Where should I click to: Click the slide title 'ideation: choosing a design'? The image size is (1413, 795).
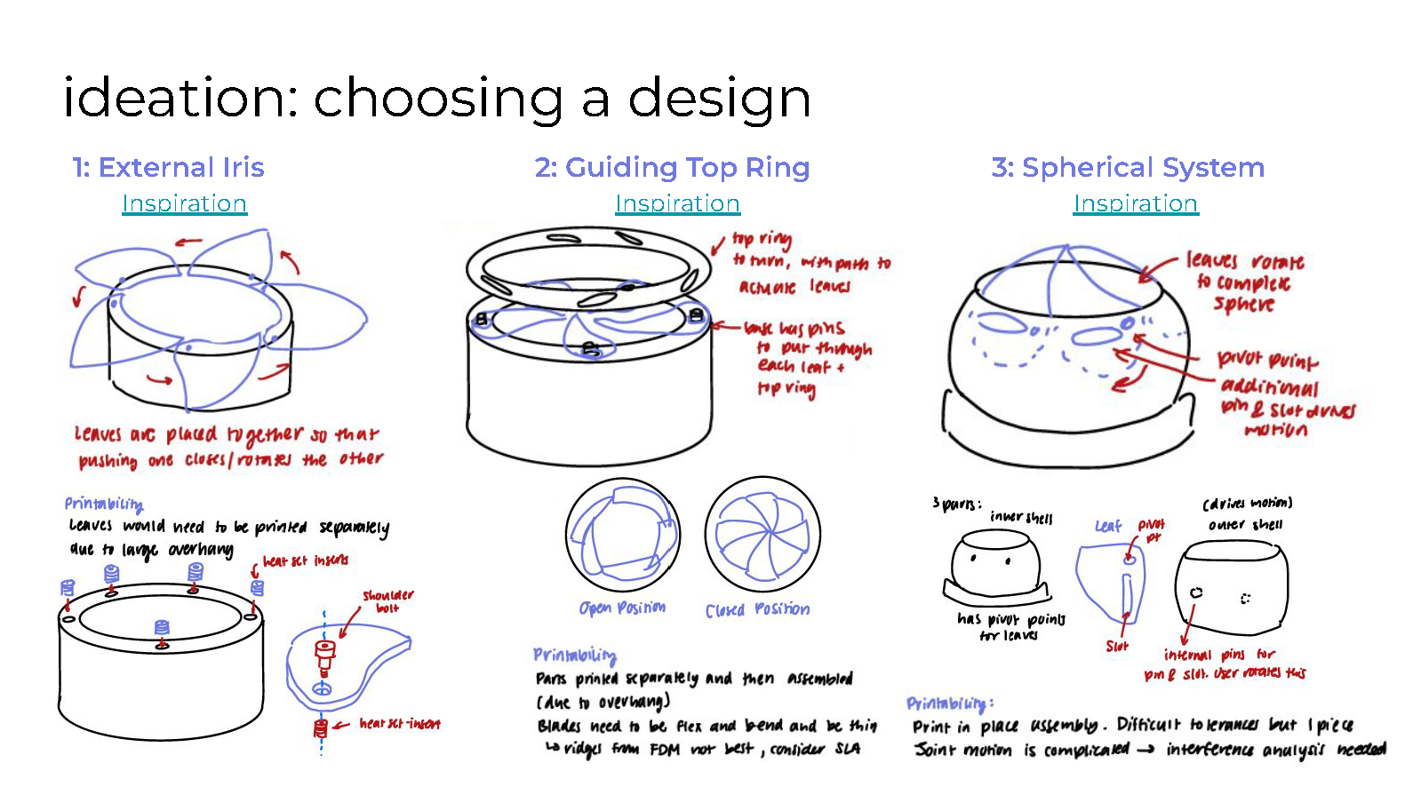437,98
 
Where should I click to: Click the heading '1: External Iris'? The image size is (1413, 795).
169,167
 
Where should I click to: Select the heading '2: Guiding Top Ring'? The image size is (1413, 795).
672,167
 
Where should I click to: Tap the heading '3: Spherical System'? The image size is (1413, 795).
1128,167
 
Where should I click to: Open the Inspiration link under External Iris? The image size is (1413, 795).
184,203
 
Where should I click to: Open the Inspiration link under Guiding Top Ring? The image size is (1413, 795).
677,203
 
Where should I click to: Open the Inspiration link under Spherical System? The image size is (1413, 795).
1136,203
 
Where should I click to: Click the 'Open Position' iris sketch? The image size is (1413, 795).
623,535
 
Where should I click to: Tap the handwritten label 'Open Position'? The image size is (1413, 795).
622,608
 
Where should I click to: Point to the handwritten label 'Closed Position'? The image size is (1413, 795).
757,609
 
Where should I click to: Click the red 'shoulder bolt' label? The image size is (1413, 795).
387,601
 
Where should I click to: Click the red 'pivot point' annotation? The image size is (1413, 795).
1267,360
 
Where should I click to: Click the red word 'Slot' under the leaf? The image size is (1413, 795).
1117,647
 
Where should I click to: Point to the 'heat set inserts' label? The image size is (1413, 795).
306,560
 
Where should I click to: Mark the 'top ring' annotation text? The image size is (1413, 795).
762,239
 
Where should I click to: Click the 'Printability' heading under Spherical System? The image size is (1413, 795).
949,704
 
